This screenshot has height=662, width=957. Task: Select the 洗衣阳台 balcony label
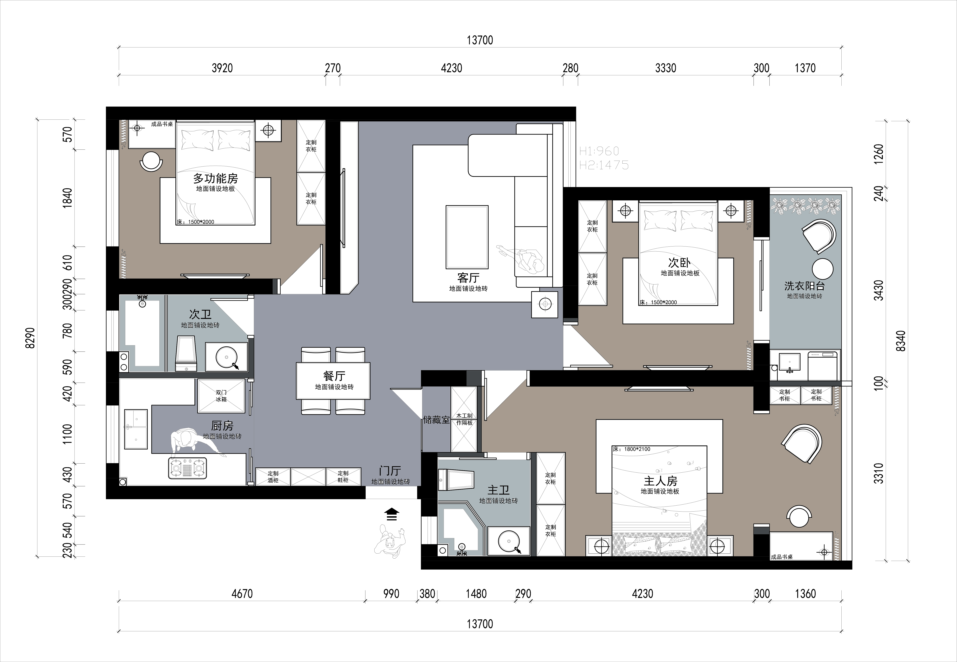pyautogui.click(x=804, y=286)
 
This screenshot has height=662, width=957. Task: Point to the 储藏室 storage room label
pyautogui.click(x=436, y=420)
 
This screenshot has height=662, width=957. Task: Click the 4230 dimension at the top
pyautogui.click(x=451, y=68)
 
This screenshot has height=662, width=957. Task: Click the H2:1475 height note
pyautogui.click(x=604, y=165)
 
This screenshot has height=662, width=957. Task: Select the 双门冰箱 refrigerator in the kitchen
pyautogui.click(x=221, y=396)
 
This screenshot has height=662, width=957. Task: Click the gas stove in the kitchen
pyautogui.click(x=187, y=468)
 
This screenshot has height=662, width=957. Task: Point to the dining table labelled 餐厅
pyautogui.click(x=333, y=381)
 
